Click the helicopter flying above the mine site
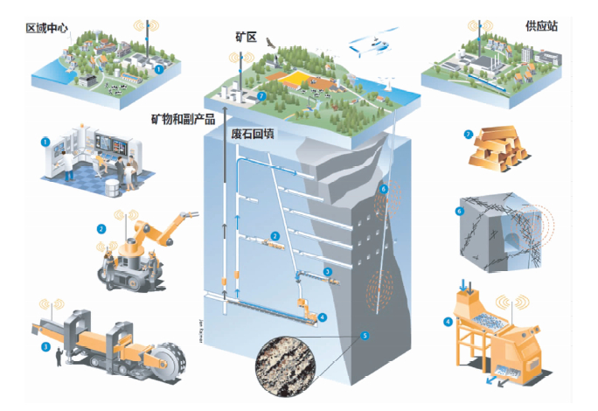371,45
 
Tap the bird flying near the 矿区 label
271,40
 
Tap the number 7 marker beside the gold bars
469,135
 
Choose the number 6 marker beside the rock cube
460,210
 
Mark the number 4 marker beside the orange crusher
448,321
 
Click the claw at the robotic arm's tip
189,212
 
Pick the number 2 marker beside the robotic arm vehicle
101,229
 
